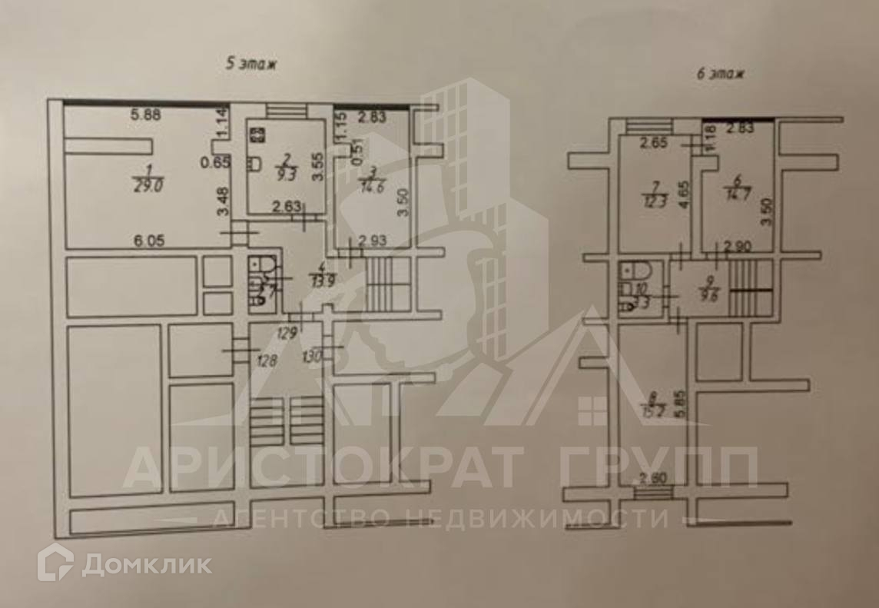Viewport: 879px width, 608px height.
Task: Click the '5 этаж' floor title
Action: [x=250, y=65]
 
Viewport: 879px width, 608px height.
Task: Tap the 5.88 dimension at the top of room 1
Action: [x=145, y=116]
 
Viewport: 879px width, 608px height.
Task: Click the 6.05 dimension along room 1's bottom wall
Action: [x=148, y=241]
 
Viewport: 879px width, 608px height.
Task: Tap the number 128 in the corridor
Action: [x=267, y=360]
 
